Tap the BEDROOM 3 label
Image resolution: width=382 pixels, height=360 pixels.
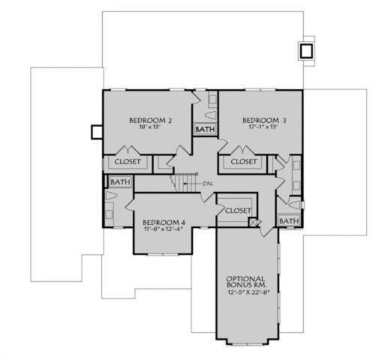(x=263, y=120)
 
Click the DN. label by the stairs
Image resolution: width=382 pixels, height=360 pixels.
(x=209, y=183)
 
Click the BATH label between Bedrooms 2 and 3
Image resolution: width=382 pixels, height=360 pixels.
(x=205, y=130)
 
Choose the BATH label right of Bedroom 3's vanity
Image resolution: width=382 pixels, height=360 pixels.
(x=289, y=221)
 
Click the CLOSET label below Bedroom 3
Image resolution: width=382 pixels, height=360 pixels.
(x=243, y=162)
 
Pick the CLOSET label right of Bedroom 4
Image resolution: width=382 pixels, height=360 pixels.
(x=237, y=211)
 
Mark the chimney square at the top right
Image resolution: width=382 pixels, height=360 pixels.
(x=306, y=50)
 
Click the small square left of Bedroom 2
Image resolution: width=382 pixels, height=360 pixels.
(x=96, y=131)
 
